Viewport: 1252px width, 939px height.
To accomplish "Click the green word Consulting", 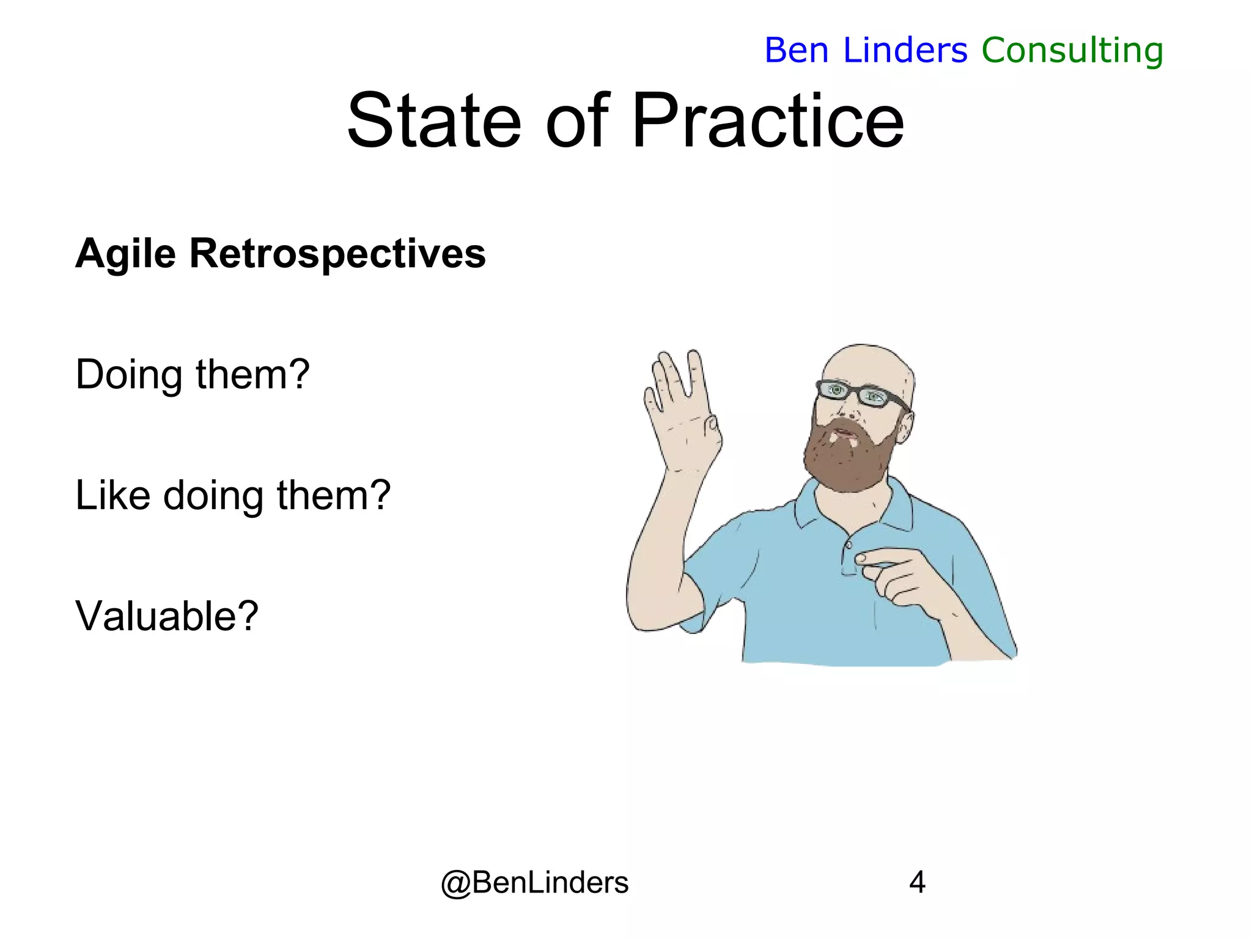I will [x=1072, y=51].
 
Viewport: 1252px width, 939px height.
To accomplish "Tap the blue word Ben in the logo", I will [x=796, y=51].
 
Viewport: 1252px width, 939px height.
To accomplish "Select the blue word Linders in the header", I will [x=905, y=51].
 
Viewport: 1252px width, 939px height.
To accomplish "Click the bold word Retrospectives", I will [x=337, y=254].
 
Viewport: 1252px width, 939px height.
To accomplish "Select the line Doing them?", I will [x=193, y=374].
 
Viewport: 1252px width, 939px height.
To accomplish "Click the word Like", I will [x=112, y=495].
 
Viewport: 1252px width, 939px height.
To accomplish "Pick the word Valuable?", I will [x=167, y=616].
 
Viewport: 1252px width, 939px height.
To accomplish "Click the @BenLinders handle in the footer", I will [x=534, y=882].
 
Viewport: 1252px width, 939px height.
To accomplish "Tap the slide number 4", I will [x=917, y=882].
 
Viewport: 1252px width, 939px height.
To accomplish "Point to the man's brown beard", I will [x=847, y=458].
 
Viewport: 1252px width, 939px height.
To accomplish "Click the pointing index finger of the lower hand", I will [x=880, y=557].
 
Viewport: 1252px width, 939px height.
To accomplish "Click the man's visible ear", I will [x=905, y=425].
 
